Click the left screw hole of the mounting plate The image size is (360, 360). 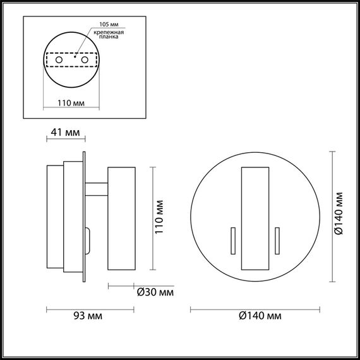point(59,59)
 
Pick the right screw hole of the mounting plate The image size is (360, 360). point(83,59)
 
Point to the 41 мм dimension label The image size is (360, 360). point(64,133)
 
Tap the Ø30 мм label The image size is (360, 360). point(155,292)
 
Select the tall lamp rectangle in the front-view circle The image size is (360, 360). point(255,216)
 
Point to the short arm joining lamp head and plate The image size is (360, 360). point(97,188)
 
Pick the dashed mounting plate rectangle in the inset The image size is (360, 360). point(71,59)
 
